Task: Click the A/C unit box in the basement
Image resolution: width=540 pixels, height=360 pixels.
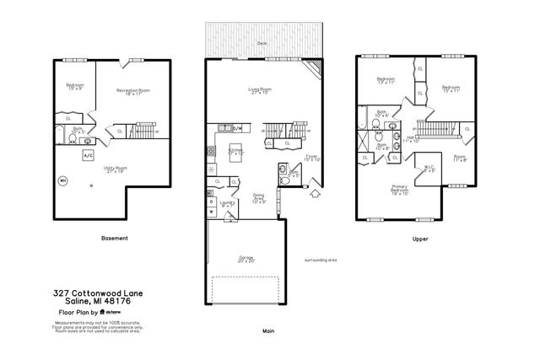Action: (87, 156)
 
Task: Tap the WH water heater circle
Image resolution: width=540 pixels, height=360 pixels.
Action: (62, 180)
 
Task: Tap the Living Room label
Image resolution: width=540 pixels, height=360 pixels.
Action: (258, 89)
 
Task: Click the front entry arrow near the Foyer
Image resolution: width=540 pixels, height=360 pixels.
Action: (316, 193)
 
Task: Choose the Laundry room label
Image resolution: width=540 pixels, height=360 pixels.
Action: (227, 203)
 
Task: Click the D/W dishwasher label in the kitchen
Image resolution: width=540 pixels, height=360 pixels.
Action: (237, 128)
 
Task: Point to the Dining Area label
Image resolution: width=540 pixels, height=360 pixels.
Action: (259, 200)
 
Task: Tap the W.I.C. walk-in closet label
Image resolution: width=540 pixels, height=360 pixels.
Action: (429, 168)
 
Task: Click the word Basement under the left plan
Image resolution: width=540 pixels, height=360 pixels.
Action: (114, 239)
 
